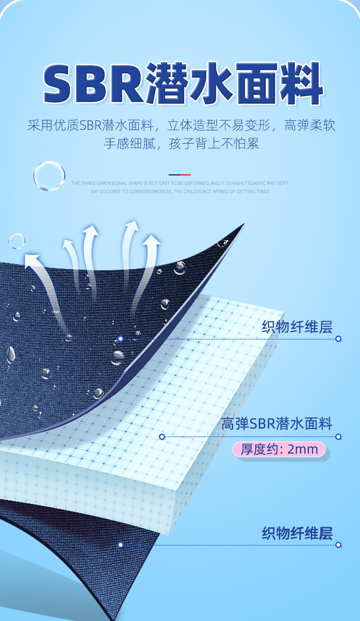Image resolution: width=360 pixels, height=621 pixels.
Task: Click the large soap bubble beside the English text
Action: click(x=49, y=176)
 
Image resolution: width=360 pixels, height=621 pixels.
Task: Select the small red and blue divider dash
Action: click(x=180, y=175)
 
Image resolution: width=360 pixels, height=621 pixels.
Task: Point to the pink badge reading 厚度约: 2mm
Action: click(x=279, y=450)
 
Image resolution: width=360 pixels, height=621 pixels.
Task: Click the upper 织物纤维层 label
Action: click(x=297, y=327)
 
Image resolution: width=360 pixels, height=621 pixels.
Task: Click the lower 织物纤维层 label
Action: click(x=297, y=533)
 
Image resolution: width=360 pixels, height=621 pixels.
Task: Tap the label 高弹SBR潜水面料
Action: click(x=277, y=424)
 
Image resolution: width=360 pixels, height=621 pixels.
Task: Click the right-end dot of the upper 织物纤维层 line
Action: click(x=338, y=339)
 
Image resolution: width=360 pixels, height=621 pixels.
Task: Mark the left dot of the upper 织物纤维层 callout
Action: click(x=120, y=339)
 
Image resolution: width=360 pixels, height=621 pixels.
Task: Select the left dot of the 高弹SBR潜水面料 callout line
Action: click(x=162, y=437)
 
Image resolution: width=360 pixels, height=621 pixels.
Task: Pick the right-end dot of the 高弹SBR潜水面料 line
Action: click(x=338, y=437)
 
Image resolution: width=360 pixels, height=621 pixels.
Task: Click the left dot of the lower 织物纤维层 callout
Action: click(x=120, y=544)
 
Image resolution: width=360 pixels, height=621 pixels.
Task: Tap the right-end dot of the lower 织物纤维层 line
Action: click(x=338, y=544)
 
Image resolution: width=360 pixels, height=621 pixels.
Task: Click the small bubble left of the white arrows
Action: click(x=17, y=241)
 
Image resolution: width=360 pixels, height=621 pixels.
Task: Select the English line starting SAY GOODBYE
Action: click(x=180, y=191)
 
